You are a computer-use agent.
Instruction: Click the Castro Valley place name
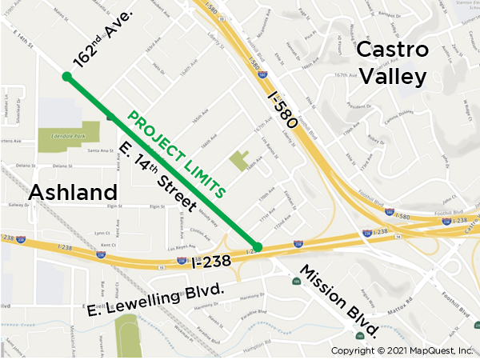click(x=391, y=62)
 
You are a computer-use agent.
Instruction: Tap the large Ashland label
click(x=74, y=193)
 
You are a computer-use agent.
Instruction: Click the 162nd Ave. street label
click(x=113, y=39)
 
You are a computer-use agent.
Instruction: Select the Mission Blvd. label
click(x=339, y=300)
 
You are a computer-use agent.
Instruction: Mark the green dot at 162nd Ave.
click(x=67, y=77)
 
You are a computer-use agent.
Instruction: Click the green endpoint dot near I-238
click(x=258, y=246)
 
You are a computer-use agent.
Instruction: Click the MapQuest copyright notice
click(x=402, y=350)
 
